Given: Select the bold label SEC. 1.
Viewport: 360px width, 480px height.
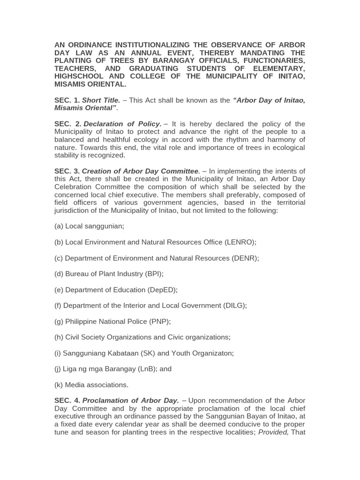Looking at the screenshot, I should coord(67,100).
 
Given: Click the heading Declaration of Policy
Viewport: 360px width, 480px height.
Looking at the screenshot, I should coord(122,124).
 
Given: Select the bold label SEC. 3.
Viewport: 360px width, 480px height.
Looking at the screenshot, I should coord(67,171).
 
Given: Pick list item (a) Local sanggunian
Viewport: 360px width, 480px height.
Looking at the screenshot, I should coord(89,226).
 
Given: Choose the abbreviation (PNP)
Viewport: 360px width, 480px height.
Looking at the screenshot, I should coord(159,322).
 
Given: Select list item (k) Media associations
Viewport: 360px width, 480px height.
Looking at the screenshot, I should coord(91,385).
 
